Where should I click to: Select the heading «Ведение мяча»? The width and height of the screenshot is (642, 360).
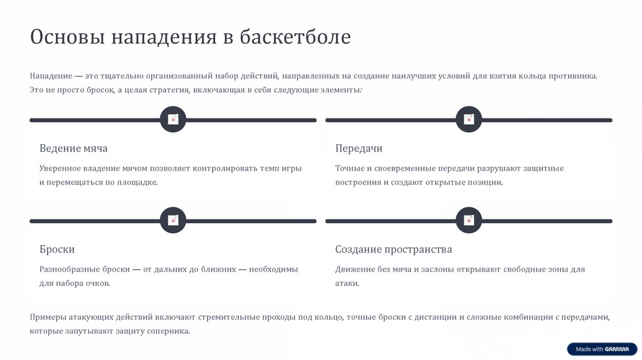click(73, 149)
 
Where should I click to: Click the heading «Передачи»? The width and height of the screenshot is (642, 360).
click(359, 149)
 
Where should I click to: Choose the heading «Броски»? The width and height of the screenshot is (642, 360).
click(57, 250)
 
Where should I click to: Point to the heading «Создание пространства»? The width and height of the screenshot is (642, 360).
click(394, 250)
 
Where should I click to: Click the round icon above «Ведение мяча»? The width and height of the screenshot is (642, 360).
click(173, 119)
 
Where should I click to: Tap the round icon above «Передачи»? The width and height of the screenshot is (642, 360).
click(468, 119)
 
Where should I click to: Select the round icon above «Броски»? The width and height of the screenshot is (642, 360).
click(173, 220)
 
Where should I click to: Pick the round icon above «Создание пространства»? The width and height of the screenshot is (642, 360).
click(468, 220)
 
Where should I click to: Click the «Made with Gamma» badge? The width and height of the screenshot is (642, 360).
click(602, 349)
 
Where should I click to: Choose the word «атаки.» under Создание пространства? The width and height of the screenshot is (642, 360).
click(347, 283)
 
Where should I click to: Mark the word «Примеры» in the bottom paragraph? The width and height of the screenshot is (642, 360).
click(48, 317)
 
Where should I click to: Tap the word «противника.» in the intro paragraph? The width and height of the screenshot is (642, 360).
click(573, 76)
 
